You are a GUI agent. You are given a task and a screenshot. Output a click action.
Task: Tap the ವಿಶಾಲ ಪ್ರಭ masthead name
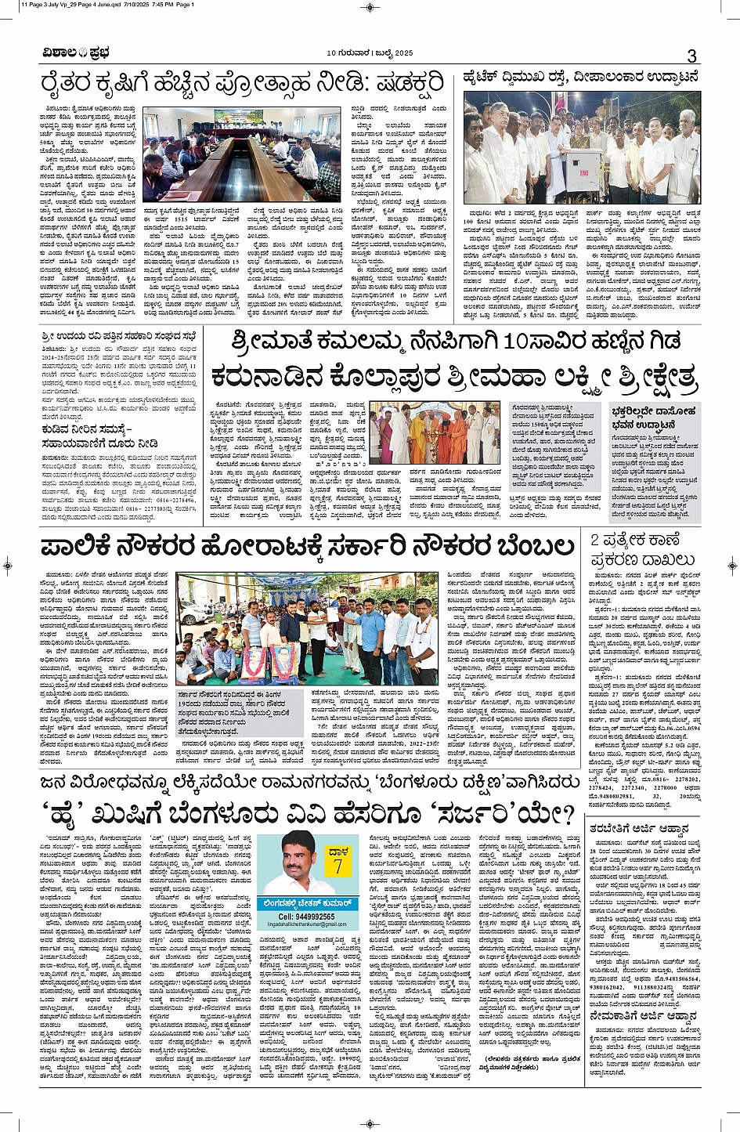(76, 53)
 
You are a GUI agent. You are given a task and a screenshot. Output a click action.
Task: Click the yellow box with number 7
(338, 861)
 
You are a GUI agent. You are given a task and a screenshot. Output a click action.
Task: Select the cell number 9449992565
(306, 916)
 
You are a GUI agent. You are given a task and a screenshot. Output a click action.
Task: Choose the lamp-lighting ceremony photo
(434, 434)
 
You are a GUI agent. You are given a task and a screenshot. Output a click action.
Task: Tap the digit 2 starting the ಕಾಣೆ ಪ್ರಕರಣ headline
(594, 540)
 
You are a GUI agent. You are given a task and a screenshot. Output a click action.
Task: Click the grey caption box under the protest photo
(232, 708)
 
